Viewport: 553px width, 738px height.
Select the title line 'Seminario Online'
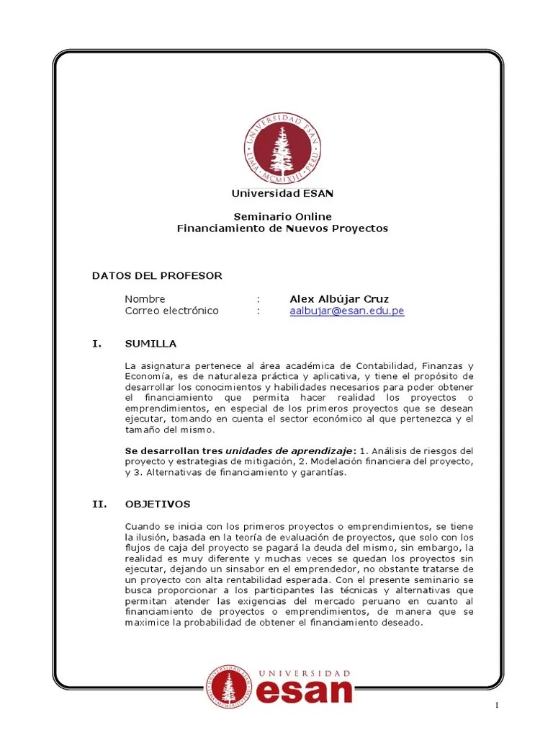[x=282, y=216]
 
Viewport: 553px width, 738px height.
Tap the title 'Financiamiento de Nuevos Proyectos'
[x=282, y=228]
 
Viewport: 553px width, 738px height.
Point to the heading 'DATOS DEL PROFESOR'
[x=157, y=275]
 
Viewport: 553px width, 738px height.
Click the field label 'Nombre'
[x=145, y=298]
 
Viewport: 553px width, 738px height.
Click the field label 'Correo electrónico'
[x=171, y=311]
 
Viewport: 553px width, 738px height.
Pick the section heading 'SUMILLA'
[x=150, y=343]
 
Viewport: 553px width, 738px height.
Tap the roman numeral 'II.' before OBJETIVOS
[x=99, y=504]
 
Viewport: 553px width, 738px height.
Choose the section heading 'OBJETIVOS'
[x=158, y=504]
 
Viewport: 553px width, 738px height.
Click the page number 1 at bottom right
[x=497, y=705]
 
